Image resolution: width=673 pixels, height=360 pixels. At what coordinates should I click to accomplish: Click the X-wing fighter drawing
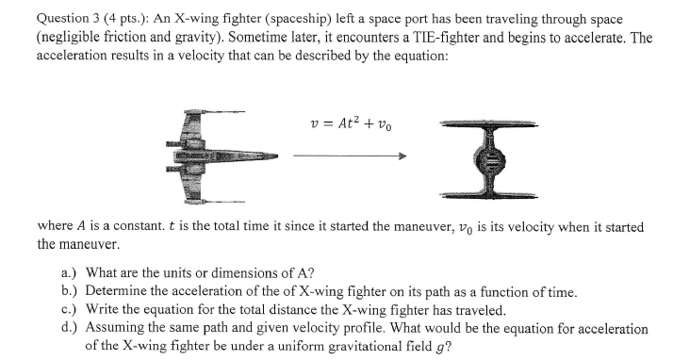point(210,154)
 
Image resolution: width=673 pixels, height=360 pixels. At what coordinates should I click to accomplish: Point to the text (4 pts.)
point(111,19)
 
